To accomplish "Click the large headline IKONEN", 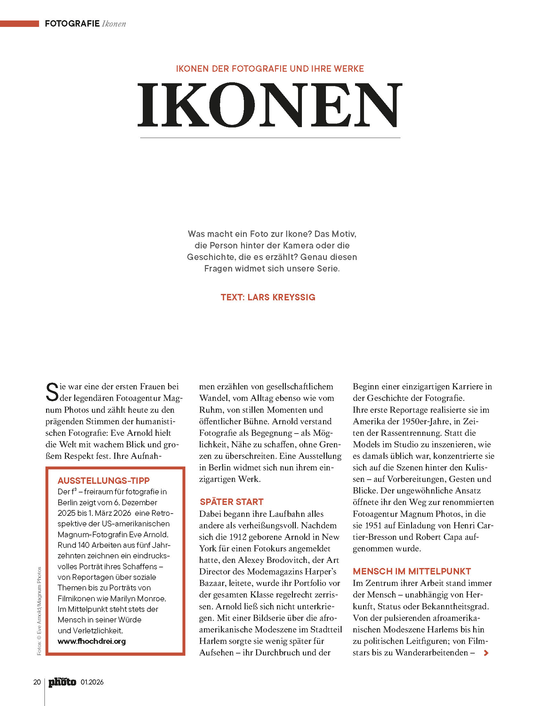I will pos(270,105).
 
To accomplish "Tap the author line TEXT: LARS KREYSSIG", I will pos(268,297).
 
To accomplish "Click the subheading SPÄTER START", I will pos(231,502).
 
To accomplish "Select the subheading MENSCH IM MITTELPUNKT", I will pos(412,571).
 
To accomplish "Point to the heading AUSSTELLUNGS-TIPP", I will pos(103,481).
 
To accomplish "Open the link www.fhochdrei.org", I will pos(92,641).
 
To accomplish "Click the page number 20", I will pos(37,682).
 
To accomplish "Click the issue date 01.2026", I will pos(92,682).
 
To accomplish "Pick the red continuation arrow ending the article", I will pos(486,653).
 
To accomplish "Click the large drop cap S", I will pos(52,392).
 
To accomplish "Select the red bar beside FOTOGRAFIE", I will pos(19,24).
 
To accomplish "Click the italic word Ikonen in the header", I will pos(114,24).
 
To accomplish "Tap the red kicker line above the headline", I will pos(270,69).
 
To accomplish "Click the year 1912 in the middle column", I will pos(238,537).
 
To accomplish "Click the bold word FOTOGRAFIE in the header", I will pos(72,24).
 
